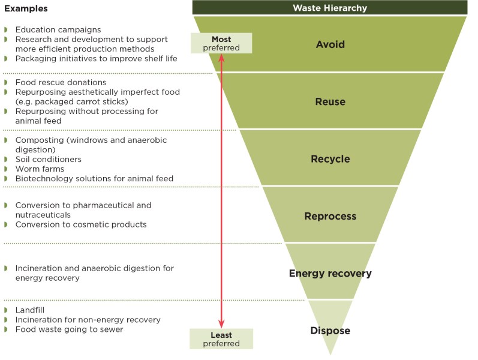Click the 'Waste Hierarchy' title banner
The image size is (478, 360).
[330, 8]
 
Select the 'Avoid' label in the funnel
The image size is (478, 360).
[330, 44]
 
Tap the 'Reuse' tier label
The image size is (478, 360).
[330, 101]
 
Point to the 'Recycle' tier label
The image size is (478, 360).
[330, 159]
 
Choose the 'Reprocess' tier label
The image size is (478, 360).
[330, 216]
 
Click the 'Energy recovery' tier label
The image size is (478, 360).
[330, 274]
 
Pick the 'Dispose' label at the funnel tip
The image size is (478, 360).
[330, 331]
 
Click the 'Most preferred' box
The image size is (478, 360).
[221, 43]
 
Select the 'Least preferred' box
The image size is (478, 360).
[221, 339]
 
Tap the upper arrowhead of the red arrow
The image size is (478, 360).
[221, 58]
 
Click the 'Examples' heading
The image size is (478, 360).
[25, 9]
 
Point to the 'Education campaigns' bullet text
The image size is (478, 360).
[58, 29]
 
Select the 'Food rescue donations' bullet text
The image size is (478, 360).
[61, 82]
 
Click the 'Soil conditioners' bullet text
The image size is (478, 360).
[48, 159]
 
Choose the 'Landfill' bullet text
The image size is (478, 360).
[30, 310]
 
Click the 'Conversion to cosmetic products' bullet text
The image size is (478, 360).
[81, 224]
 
